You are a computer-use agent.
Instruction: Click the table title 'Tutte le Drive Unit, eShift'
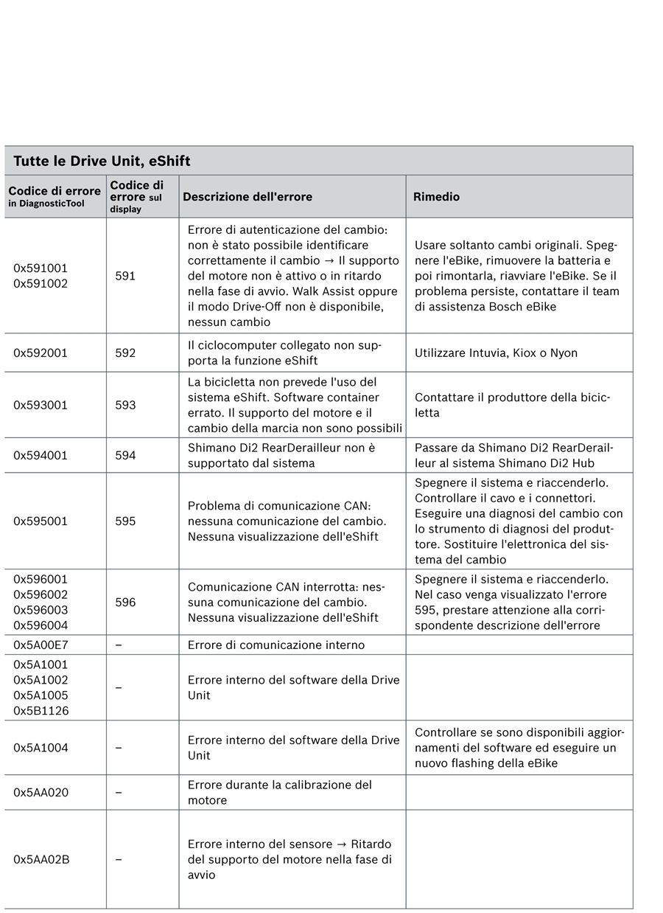coord(102,161)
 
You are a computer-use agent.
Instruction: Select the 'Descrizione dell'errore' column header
coord(248,197)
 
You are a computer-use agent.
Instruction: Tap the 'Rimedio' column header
coord(437,197)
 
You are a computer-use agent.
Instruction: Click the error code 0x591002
coord(41,283)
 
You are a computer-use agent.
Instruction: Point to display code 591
coord(125,276)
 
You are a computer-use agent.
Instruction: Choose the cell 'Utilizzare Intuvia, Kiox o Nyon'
coord(496,353)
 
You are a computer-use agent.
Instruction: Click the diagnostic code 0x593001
coord(41,405)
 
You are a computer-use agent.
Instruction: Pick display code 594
coord(125,455)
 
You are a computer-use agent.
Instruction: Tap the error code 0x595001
coord(41,521)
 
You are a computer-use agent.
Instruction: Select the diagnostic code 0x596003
coord(41,610)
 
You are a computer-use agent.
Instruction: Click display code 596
coord(125,602)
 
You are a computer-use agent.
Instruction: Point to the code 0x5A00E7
coord(41,645)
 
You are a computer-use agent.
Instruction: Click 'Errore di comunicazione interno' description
coord(276,645)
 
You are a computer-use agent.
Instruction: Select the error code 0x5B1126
coord(41,711)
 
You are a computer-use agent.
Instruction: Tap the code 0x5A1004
coord(41,748)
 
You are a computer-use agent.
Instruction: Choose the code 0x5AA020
coord(41,793)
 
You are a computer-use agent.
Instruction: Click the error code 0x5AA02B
coord(41,859)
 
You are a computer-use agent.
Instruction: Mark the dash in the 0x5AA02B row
coord(119,859)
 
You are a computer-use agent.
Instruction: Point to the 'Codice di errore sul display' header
coord(137,196)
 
